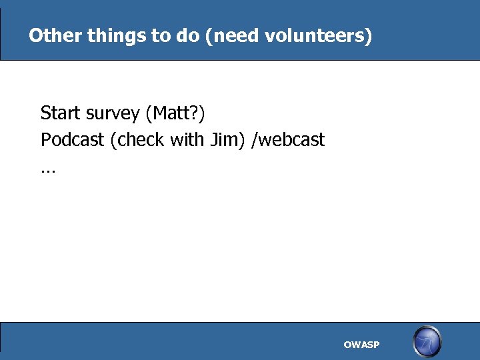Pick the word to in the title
(161, 35)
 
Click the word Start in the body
(61, 113)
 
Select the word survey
(113, 114)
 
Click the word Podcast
(73, 140)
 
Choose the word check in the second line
(140, 140)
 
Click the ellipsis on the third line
(48, 171)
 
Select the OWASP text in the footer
(361, 345)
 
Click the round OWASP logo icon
(427, 341)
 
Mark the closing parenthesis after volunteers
(369, 35)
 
